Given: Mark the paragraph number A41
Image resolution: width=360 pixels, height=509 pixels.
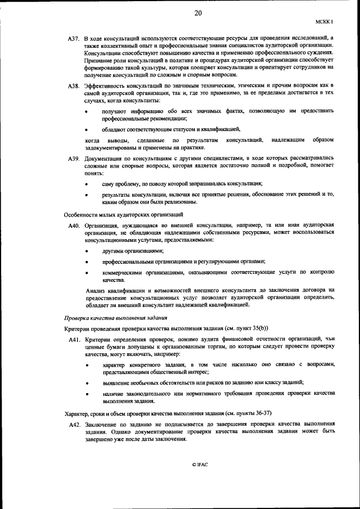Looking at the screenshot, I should point(76,340).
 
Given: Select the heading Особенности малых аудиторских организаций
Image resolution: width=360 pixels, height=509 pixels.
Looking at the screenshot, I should point(123,215).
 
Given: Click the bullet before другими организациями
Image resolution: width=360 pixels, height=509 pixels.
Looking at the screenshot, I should point(87,251).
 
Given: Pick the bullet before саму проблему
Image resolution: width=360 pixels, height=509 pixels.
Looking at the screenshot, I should point(87,184).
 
